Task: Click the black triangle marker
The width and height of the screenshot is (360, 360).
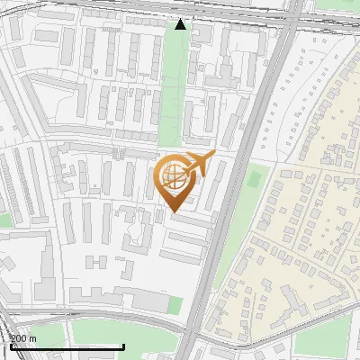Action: [181, 24]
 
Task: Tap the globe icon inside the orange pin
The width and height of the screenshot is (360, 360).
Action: [174, 175]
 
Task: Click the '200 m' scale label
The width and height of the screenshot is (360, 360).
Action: [23, 337]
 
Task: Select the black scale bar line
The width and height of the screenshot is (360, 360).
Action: [67, 346]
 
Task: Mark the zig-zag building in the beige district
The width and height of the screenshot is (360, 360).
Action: [292, 301]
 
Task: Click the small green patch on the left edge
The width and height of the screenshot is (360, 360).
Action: [5, 220]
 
